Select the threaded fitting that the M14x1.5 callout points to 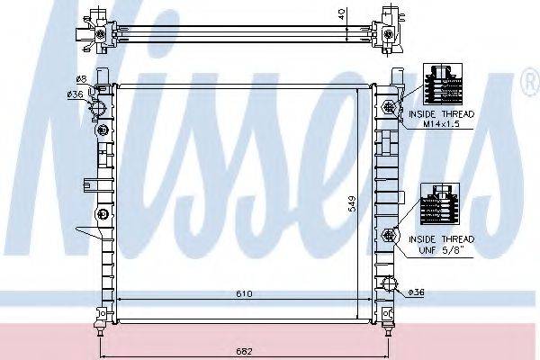pyautogui.click(x=391, y=107)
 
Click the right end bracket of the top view pyautogui.click(x=391, y=27)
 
